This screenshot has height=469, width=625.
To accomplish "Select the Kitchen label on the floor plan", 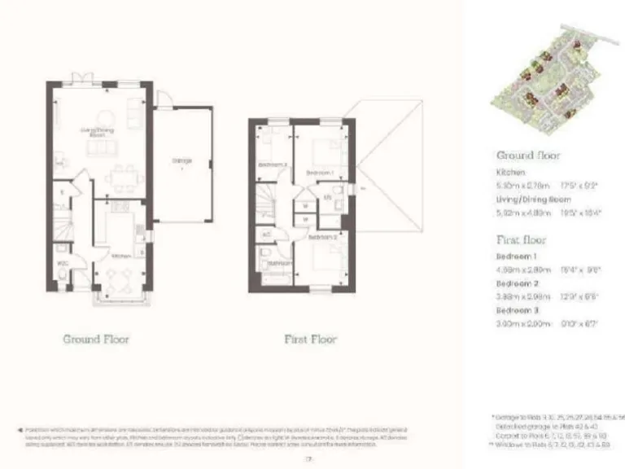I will [x=120, y=256].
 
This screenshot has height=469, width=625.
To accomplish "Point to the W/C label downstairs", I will [x=63, y=263].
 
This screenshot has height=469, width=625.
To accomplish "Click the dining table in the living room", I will [x=125, y=174].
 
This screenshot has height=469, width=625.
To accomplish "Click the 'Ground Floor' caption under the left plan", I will [x=96, y=339].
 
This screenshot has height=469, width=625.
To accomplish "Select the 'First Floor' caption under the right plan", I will [x=309, y=339].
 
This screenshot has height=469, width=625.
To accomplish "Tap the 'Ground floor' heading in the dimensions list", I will [x=527, y=155].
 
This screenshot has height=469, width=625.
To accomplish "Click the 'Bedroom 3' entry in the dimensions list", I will [x=518, y=311].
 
